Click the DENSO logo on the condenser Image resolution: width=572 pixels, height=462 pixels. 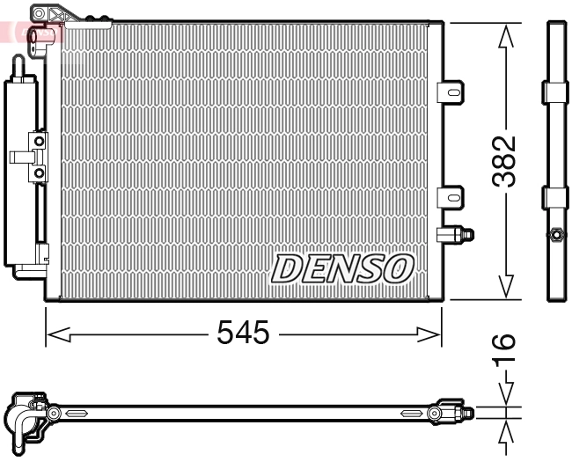point(342,268)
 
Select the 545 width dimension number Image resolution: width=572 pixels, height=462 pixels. point(242,333)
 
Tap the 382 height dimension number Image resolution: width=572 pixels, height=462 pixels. point(504,161)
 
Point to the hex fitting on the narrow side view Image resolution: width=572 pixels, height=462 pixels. point(555,234)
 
